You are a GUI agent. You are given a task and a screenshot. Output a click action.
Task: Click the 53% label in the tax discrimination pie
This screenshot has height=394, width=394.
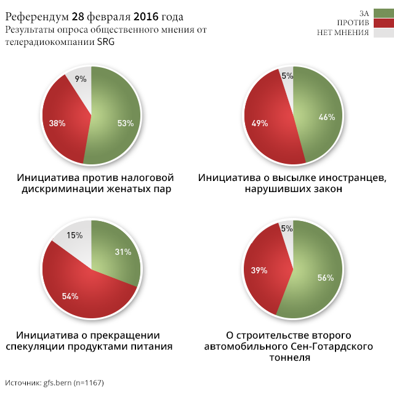126,123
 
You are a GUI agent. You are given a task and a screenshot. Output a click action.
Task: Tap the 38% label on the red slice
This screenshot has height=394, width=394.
57,123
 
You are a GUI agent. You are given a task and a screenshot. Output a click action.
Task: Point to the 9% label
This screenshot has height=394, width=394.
81,79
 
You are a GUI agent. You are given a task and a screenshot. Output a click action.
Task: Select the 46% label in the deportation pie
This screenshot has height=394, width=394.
327,117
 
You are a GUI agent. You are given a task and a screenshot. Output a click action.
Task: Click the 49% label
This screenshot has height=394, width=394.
260,123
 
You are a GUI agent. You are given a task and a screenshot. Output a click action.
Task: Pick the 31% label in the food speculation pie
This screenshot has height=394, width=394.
123,251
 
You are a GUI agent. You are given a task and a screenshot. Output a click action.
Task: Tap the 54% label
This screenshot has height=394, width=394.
70,296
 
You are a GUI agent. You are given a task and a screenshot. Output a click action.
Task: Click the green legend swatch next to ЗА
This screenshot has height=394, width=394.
383,13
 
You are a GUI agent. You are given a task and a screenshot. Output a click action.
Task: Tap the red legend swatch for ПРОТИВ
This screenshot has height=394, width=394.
383,23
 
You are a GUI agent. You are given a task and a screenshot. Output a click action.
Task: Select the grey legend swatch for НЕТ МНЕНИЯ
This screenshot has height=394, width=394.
383,33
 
